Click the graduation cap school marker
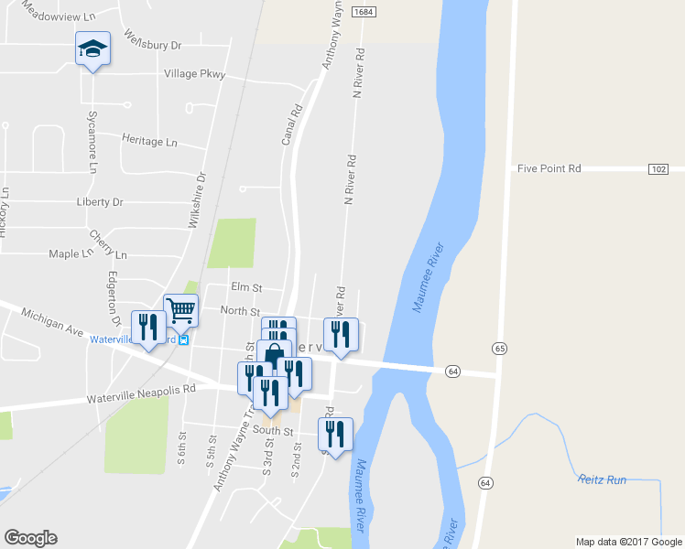click(x=92, y=49)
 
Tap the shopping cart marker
click(x=180, y=310)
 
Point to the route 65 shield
click(x=498, y=349)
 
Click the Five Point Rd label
click(x=549, y=169)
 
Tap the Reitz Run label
click(x=601, y=479)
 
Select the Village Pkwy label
click(x=194, y=74)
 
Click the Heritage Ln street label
click(x=149, y=141)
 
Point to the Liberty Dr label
click(x=99, y=202)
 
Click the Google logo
click(x=30, y=538)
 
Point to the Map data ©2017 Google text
click(x=627, y=542)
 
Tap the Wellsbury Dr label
click(x=152, y=44)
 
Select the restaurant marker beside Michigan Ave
click(x=147, y=328)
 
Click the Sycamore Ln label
click(x=92, y=142)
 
